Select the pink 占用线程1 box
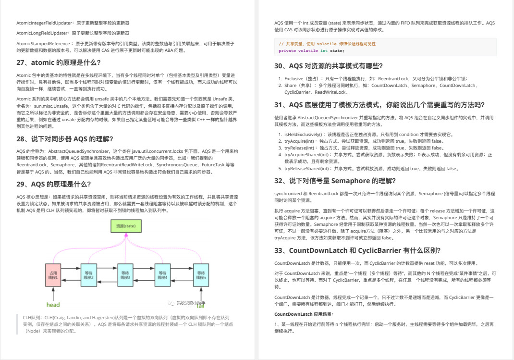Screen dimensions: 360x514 53,275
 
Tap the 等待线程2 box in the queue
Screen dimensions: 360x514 89,275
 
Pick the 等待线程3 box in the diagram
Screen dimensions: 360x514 125,275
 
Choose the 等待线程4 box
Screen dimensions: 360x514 162,275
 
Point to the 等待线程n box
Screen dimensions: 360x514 200,275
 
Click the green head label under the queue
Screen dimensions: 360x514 53,305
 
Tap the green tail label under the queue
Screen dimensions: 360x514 201,305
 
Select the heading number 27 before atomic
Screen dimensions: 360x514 21,62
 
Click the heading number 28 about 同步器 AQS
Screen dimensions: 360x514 21,139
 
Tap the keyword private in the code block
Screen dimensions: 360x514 287,50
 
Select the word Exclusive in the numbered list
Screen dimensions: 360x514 294,78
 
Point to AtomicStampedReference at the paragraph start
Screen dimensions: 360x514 44,43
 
